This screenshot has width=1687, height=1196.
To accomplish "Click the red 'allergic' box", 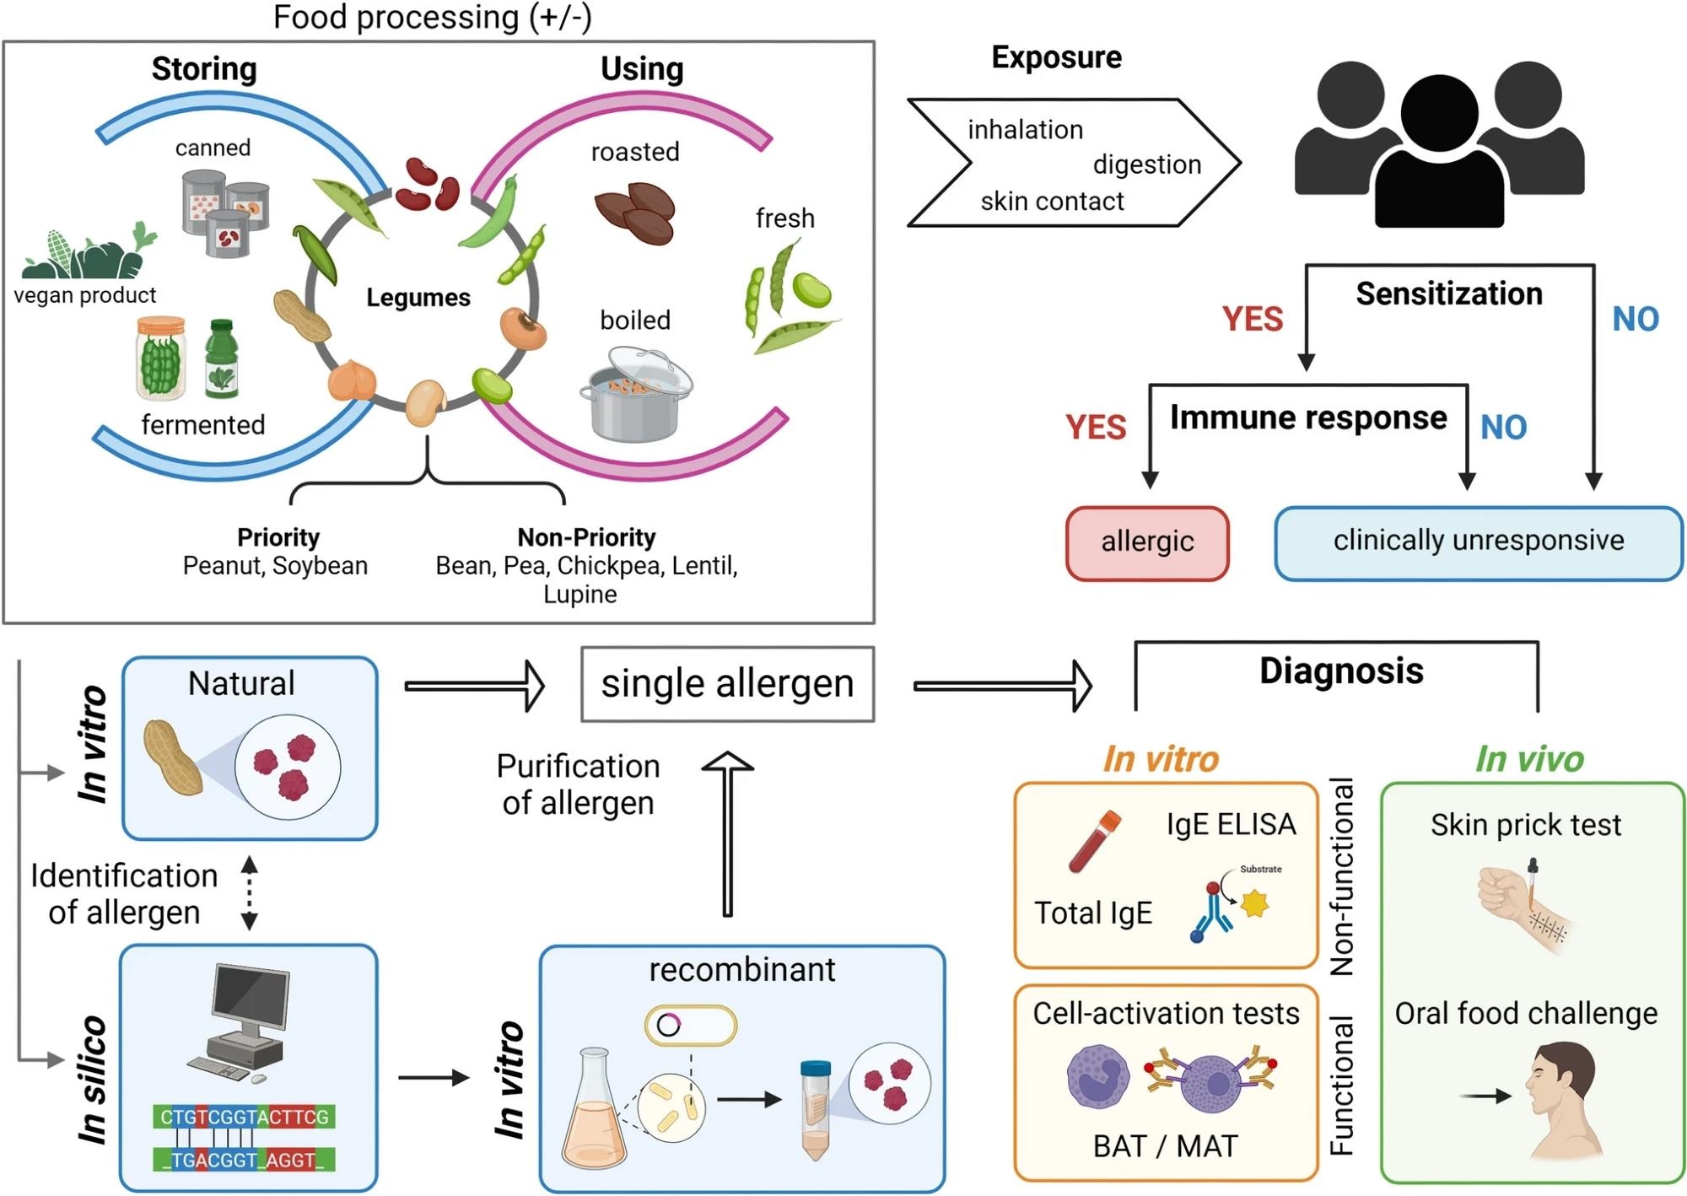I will point(1147,543).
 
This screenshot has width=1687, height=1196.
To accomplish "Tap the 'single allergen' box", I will point(727,684).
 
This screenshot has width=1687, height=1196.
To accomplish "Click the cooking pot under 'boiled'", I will point(634,396).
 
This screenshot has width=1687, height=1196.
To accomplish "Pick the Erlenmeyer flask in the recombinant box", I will point(595,1108).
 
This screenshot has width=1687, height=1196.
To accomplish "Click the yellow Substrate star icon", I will point(1255,904).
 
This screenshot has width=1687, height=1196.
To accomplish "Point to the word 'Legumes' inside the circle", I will point(418,298).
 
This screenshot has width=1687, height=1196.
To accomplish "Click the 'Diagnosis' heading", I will point(1341,671).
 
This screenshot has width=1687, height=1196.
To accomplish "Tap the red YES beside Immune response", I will point(1095,428).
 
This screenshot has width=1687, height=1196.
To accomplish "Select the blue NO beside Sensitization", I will point(1635,320).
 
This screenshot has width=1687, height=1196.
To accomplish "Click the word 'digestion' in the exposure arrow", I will point(1146,164).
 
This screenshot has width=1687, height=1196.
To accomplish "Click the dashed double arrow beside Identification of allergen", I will point(249,893).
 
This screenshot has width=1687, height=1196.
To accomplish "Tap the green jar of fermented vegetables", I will point(160,358).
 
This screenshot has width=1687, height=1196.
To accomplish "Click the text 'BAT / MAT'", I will point(1165,1146).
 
